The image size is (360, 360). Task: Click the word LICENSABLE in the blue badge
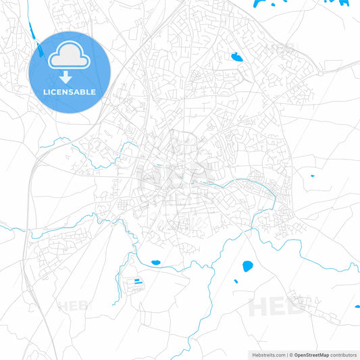pos(70,91)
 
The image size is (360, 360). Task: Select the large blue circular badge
pos(70,72)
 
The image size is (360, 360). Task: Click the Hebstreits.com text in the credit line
pos(265,355)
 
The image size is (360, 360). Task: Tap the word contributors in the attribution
pos(344,355)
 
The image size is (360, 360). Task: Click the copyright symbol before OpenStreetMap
pos(290,355)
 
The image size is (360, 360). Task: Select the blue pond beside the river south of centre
pos(156,262)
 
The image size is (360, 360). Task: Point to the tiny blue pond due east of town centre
pos(312,177)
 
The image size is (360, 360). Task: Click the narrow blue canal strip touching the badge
pos(38,49)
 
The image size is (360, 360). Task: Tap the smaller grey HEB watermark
pos(72,306)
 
